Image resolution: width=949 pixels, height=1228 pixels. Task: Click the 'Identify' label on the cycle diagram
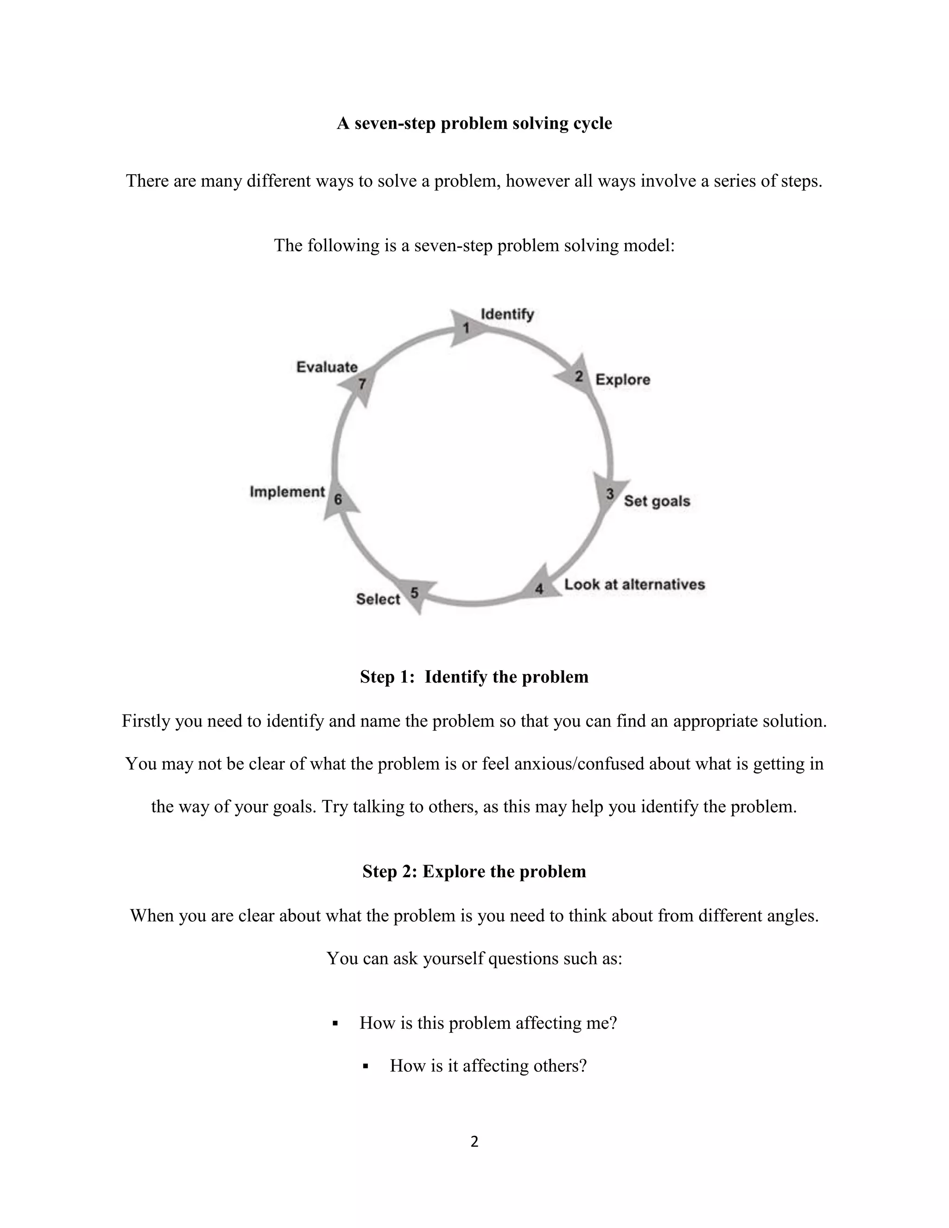(x=507, y=314)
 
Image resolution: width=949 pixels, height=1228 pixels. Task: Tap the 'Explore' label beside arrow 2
(x=622, y=380)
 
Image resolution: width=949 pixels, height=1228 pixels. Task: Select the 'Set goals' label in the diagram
(x=657, y=501)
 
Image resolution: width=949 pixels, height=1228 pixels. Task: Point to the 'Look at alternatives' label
(x=634, y=584)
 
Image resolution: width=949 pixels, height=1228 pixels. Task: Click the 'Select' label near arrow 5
(x=378, y=599)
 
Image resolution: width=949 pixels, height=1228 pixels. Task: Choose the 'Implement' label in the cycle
(x=287, y=492)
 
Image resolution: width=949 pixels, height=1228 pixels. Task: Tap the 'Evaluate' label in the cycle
(x=327, y=367)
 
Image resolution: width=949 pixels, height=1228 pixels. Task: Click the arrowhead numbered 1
(x=466, y=327)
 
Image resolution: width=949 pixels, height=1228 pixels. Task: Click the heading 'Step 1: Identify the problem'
(x=474, y=677)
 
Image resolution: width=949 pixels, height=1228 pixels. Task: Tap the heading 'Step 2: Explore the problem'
(x=474, y=871)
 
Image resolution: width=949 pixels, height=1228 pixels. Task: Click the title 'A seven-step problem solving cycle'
(x=474, y=123)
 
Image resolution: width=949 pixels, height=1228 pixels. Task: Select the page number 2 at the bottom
(x=474, y=1141)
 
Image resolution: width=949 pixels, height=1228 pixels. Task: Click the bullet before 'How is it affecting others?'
(x=366, y=1066)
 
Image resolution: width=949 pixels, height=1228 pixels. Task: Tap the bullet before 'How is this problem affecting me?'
(x=335, y=1023)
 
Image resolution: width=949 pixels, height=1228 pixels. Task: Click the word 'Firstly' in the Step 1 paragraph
(x=146, y=721)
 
